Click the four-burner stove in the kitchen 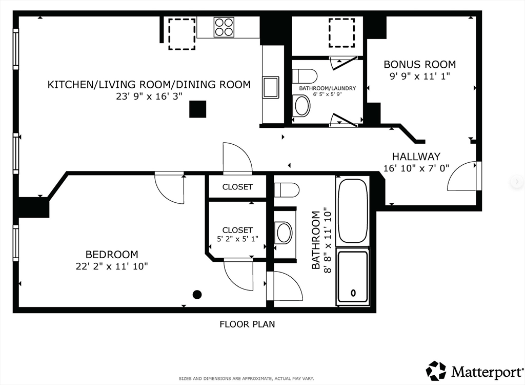(x=224, y=27)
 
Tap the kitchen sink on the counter (x=270, y=87)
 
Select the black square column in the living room (x=197, y=109)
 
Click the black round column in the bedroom (x=197, y=294)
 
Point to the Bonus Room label (x=419, y=65)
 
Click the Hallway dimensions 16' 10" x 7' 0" (x=416, y=167)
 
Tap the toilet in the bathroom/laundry (x=305, y=76)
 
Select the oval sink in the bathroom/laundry (x=302, y=106)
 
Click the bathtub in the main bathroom (x=352, y=210)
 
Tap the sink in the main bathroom (x=284, y=233)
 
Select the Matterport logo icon (x=436, y=371)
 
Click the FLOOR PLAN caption (x=247, y=324)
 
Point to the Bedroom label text (x=111, y=254)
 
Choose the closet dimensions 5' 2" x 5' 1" (x=237, y=239)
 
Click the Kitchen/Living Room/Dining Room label (x=149, y=84)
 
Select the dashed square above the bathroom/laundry (x=341, y=32)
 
